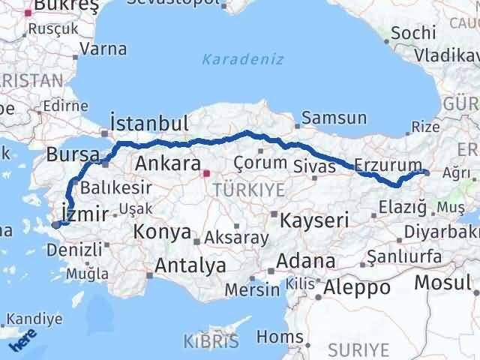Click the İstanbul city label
[148, 122]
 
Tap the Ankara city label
[166, 164]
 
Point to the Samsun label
[334, 118]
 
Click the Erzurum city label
[382, 164]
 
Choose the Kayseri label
[314, 220]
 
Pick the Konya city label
[162, 232]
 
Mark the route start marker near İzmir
[56, 223]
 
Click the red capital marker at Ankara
[206, 174]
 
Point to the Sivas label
[316, 166]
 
